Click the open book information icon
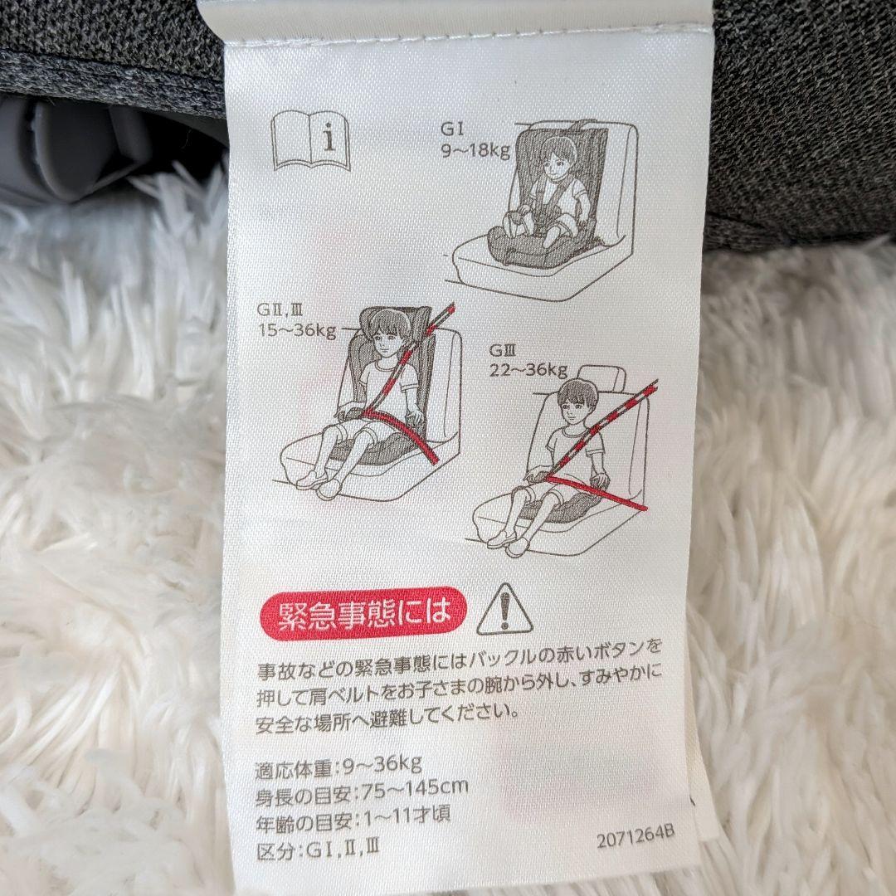point(310,141)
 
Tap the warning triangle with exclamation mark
point(504,611)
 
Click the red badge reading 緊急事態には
point(363,612)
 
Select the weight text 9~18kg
point(475,150)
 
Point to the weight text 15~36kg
point(297,330)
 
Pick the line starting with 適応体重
point(338,767)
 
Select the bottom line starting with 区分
point(317,850)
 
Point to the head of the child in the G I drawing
point(558,154)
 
